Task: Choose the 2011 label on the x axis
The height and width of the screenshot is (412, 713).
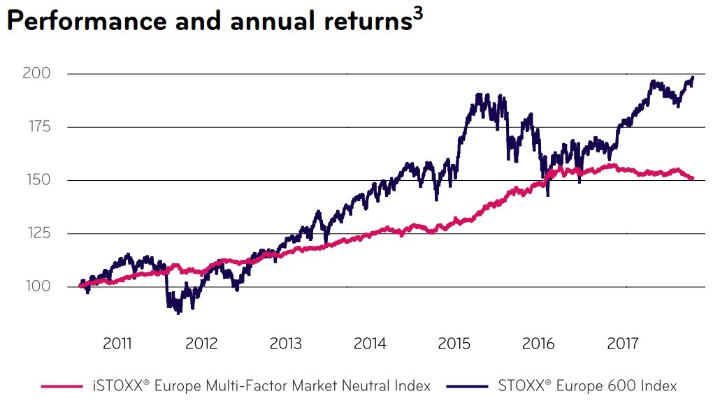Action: point(117,344)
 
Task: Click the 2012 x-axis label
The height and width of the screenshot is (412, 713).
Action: point(201,344)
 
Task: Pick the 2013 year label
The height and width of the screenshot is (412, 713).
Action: point(285,344)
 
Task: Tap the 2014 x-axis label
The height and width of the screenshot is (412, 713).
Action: point(370,344)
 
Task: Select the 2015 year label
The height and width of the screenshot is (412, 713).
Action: point(454,344)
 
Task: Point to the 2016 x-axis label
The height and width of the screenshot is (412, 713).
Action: point(538,344)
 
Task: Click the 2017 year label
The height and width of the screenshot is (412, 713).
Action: point(623,344)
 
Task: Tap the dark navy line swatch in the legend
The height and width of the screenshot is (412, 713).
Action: point(473,385)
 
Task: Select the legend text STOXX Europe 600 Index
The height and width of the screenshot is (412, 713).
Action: point(588,385)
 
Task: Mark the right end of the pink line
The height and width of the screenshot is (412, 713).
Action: point(692,179)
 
